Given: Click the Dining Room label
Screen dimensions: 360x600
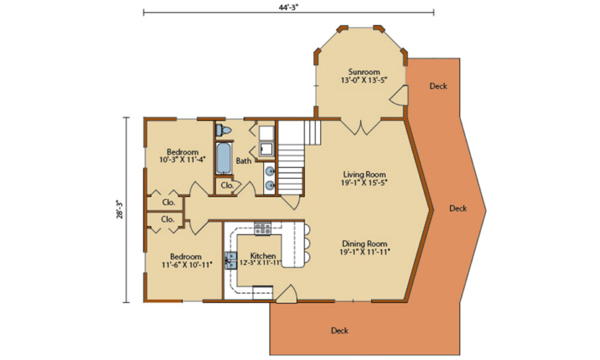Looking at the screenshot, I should pyautogui.click(x=364, y=248).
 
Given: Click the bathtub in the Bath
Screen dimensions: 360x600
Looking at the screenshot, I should pyautogui.click(x=224, y=159).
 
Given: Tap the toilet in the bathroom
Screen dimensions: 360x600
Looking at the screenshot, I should pyautogui.click(x=223, y=130).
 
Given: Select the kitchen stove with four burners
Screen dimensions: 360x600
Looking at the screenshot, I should pyautogui.click(x=262, y=229).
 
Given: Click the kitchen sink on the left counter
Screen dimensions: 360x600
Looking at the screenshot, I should pyautogui.click(x=232, y=259).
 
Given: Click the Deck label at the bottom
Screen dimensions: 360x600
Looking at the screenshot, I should pyautogui.click(x=339, y=330).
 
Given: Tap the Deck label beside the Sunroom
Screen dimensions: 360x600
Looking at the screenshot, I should pyautogui.click(x=438, y=86).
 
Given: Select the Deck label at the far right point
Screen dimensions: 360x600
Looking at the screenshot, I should pyautogui.click(x=458, y=209).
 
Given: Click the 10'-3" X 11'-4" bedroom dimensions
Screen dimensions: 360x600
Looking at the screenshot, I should pyautogui.click(x=182, y=159).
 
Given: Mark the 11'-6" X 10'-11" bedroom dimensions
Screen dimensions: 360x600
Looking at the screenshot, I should pyautogui.click(x=186, y=265).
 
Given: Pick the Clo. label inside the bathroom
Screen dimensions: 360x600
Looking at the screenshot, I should pyautogui.click(x=227, y=186).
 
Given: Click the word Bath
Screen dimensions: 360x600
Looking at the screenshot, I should pyautogui.click(x=244, y=162).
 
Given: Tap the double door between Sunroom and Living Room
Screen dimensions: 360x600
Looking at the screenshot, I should pyautogui.click(x=360, y=127).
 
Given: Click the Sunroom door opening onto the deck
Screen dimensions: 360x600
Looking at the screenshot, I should pyautogui.click(x=399, y=96).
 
